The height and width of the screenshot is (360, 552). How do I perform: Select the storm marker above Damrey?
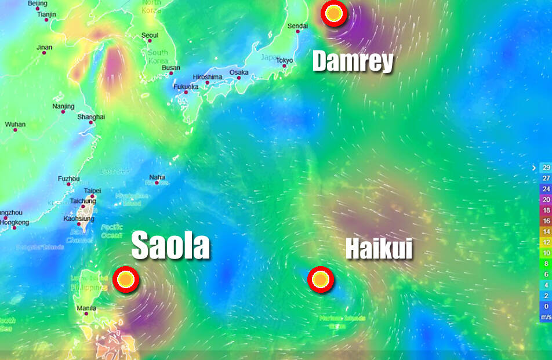333,14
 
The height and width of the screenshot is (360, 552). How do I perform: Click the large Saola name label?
170,245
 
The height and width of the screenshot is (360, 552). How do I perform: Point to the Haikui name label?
379,249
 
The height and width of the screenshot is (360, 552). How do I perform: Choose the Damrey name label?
353,61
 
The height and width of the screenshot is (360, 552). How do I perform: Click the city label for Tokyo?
285,60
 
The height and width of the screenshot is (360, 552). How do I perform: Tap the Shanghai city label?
91,117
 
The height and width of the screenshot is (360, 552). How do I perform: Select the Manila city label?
86,308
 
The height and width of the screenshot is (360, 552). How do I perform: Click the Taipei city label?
92,190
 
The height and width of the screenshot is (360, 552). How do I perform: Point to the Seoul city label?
150,35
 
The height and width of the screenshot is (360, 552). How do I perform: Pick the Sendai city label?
297,26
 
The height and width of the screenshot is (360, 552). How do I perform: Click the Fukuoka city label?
186,87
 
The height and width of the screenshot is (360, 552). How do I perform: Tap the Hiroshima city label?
207,77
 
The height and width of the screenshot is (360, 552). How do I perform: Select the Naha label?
157,177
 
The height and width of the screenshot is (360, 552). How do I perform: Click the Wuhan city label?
15,125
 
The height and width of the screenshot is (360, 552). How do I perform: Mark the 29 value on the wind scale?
545,168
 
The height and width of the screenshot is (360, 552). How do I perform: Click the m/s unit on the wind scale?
545,317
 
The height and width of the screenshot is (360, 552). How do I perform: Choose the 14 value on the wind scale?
545,231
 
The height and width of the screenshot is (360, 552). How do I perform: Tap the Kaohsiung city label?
78,219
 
